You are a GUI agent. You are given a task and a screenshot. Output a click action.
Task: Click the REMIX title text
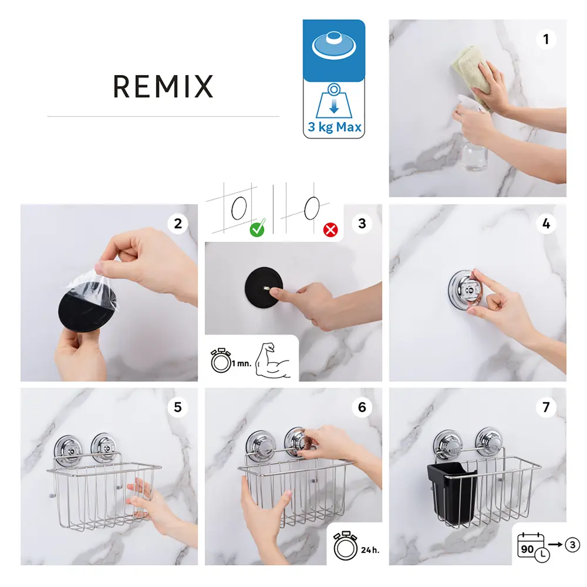(163, 87)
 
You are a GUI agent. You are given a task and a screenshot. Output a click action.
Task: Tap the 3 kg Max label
(334, 127)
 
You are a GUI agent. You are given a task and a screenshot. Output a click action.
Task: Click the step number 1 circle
(546, 39)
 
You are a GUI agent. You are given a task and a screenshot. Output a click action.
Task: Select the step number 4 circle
(546, 224)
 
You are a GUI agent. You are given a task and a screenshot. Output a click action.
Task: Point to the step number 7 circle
(546, 407)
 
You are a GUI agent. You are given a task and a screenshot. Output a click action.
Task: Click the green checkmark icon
(257, 229)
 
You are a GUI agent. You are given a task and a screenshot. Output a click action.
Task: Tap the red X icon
(331, 230)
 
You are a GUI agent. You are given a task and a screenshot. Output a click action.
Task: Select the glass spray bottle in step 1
(473, 147)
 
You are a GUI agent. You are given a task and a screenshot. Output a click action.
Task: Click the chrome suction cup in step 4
(463, 288)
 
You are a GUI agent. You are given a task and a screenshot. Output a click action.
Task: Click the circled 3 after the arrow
(572, 545)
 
